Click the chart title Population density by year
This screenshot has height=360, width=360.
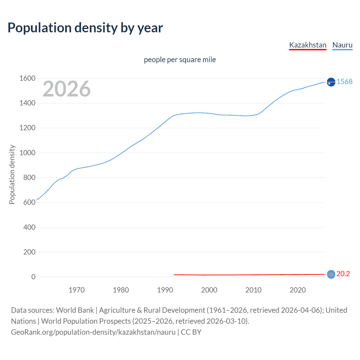pos(85,28)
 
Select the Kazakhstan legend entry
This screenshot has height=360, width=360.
pos(308,45)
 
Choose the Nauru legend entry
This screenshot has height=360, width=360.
pos(342,45)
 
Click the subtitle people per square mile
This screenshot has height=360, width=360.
pos(180,60)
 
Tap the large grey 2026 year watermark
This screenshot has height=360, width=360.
pos(67,89)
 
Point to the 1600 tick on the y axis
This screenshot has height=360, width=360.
pos(27,78)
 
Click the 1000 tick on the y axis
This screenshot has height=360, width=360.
pos(27,153)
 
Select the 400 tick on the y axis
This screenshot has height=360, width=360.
pos(29,227)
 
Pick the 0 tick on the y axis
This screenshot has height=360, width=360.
pos(33,277)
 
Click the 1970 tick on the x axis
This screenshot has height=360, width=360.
pos(76,290)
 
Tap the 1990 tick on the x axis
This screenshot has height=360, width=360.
pos(165,290)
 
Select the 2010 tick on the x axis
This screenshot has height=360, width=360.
pos(253,290)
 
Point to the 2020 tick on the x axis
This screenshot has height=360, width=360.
pos(298,290)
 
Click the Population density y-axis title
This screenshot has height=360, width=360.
pos(12,174)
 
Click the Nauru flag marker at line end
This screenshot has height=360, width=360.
pos(331,82)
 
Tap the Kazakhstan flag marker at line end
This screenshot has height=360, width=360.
pos(331,274)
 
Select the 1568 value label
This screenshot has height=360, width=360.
pos(345,82)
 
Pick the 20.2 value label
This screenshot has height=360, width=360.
pos(343,274)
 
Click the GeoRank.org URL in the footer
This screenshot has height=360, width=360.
pos(93,332)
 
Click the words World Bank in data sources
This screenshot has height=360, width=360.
pos(75,310)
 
